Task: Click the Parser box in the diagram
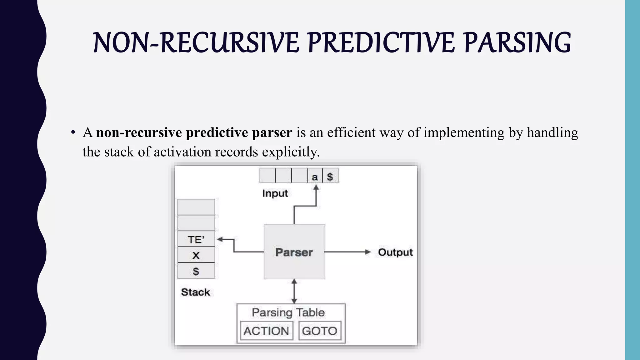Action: [294, 252]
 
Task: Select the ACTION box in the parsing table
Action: [266, 331]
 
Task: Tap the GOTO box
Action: [319, 331]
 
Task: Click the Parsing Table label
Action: [288, 312]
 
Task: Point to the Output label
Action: [395, 252]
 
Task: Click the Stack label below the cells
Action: [196, 292]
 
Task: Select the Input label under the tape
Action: [275, 193]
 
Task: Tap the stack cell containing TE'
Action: [196, 239]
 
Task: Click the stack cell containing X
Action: [196, 255]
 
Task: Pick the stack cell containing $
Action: [196, 271]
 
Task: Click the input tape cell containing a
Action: [315, 176]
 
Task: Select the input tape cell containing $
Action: [330, 176]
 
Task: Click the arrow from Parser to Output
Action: [347, 252]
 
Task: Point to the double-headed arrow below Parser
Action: [294, 291]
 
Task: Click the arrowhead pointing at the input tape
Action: [316, 187]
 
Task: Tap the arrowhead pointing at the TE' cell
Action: [220, 239]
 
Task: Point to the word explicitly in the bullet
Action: [291, 152]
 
